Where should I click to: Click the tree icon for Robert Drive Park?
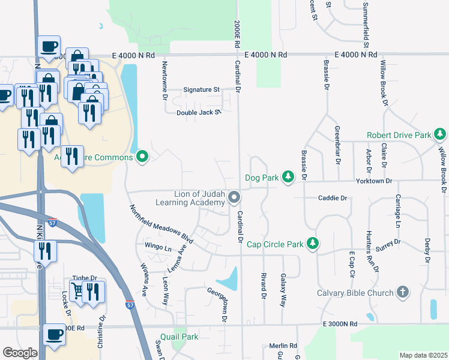click(x=440, y=134)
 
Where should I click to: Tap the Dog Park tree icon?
click(x=289, y=176)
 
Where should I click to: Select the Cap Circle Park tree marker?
click(x=312, y=243)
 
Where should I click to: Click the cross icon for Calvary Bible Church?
click(x=403, y=292)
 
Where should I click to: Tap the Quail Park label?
click(x=179, y=337)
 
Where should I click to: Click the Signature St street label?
click(x=200, y=89)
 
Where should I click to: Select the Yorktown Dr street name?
click(x=373, y=181)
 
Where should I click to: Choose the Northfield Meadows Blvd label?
click(x=161, y=223)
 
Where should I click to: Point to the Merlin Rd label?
click(x=283, y=346)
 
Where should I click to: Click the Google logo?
click(x=20, y=353)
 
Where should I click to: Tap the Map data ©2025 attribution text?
click(x=423, y=355)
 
